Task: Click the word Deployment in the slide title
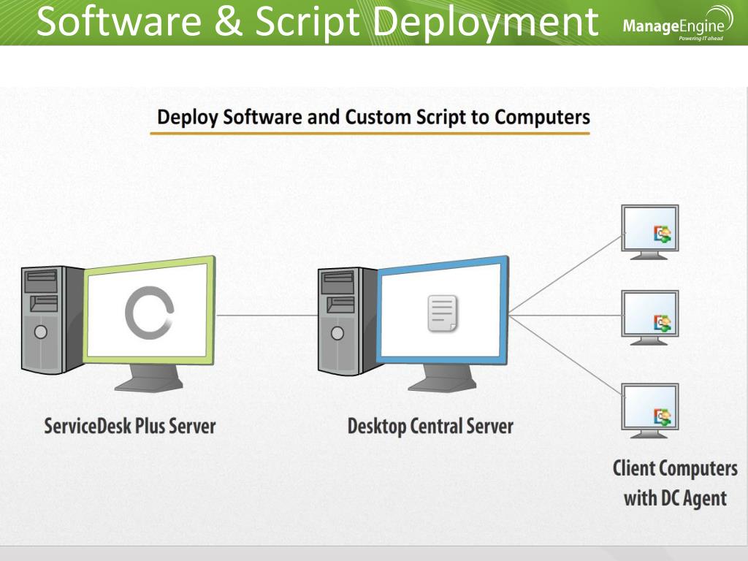486,23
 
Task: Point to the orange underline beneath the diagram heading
370,134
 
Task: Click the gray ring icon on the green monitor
149,313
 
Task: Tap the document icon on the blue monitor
442,313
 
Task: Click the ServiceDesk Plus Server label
130,426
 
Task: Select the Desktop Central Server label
430,426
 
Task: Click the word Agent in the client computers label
705,499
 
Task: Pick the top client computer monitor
649,228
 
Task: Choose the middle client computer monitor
649,314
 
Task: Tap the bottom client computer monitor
649,408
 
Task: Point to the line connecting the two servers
267,316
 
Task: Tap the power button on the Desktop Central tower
337,333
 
